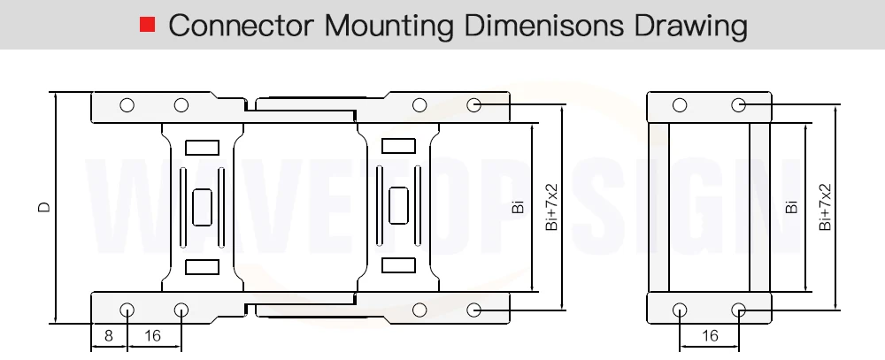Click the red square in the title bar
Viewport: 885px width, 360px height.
pyautogui.click(x=147, y=24)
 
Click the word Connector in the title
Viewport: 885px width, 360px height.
pyautogui.click(x=241, y=25)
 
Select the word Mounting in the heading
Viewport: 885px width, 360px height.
pyautogui.click(x=389, y=26)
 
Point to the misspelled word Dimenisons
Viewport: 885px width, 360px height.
pyautogui.click(x=544, y=25)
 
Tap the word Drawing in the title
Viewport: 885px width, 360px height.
pyautogui.click(x=691, y=26)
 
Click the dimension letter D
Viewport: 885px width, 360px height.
pyautogui.click(x=44, y=207)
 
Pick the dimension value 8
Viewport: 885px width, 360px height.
pyautogui.click(x=109, y=336)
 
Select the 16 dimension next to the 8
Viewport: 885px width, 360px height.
pyautogui.click(x=152, y=336)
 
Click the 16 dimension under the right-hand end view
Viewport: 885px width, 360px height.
pyautogui.click(x=710, y=336)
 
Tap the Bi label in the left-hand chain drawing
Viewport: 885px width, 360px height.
pyautogui.click(x=518, y=207)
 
